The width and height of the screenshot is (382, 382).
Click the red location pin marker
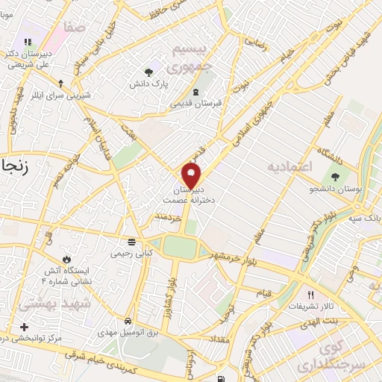coord(192,175)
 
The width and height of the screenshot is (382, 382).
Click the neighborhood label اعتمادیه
coord(292,166)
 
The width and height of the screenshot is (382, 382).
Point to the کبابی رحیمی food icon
coord(131,241)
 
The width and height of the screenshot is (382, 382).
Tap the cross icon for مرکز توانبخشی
coord(24,327)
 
